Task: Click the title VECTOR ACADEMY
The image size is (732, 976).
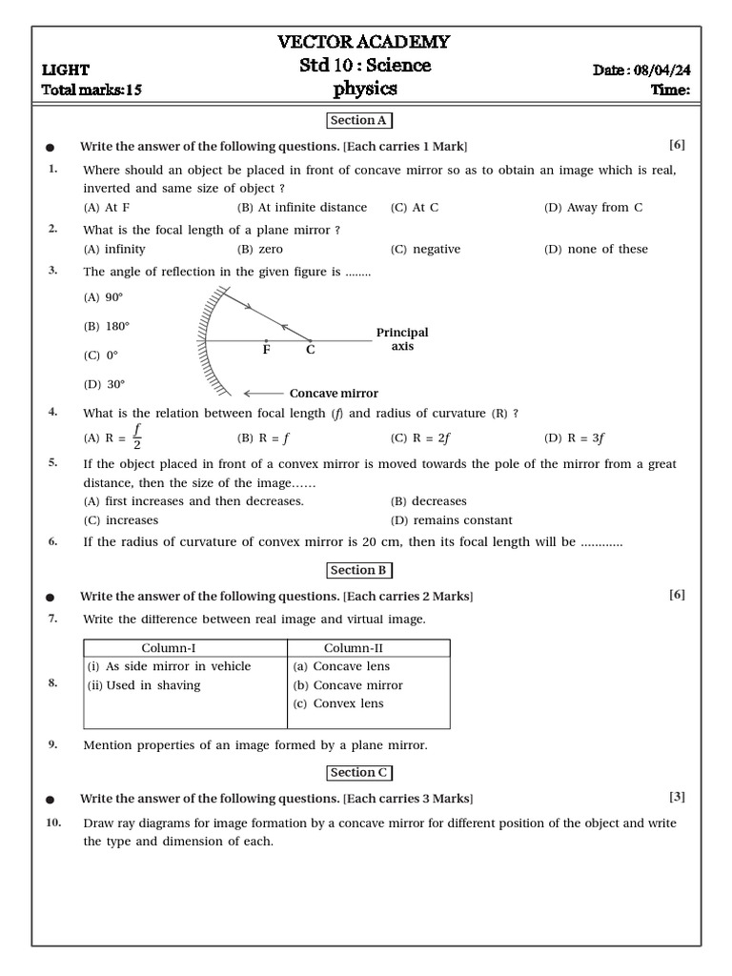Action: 363,42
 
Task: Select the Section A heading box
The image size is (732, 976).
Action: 359,121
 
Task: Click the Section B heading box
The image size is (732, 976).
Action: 359,570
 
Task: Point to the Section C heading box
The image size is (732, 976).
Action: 359,773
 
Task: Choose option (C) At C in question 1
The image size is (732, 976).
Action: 415,208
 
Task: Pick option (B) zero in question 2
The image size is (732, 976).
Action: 260,250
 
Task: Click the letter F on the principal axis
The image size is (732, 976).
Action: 267,350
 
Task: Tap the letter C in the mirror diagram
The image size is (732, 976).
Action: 310,350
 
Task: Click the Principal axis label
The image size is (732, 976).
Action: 402,339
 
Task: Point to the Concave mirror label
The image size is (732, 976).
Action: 334,394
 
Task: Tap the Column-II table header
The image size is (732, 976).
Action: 349,648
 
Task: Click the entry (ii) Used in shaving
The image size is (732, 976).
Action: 143,685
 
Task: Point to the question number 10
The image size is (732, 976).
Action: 53,823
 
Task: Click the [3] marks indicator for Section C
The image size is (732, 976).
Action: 677,797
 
